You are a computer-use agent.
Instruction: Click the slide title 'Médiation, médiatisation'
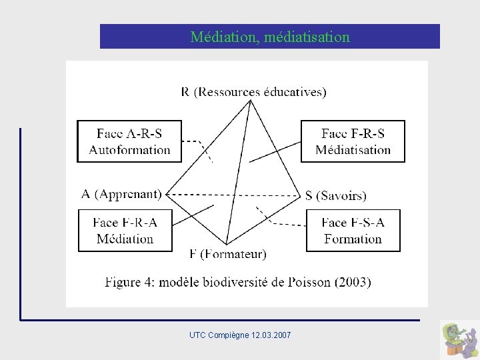269,37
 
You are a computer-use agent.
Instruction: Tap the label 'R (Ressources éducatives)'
253,91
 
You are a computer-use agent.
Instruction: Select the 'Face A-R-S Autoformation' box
129,141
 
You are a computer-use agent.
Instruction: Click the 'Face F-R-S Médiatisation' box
353,141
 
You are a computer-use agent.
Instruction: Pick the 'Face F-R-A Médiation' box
125,231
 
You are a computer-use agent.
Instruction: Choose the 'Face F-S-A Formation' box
353,231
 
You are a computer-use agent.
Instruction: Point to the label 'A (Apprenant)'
121,194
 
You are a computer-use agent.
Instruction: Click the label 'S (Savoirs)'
335,195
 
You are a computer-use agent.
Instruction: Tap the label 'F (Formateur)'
227,253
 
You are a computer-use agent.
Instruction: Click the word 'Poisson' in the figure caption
311,282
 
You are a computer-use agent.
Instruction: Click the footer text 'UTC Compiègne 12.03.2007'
240,334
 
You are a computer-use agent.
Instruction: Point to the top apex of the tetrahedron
251,101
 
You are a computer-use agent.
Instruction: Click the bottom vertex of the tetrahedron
227,244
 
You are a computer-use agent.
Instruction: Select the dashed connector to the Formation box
280,223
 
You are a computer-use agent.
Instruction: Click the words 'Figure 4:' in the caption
132,282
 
